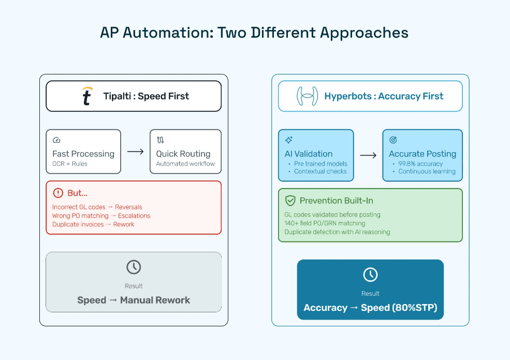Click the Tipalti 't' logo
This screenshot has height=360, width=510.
tap(87, 96)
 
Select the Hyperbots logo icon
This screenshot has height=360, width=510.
tap(307, 96)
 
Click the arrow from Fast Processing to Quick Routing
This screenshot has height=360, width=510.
tap(135, 152)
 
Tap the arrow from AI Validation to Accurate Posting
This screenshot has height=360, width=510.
tap(368, 155)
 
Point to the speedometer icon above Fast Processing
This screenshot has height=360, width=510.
tap(56, 140)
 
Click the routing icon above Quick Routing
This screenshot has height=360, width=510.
tap(160, 140)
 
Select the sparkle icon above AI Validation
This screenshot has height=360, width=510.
tap(289, 140)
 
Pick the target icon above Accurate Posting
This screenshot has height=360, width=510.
tap(393, 140)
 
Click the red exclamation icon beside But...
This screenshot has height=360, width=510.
tap(57, 193)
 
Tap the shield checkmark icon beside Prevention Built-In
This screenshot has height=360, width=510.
tap(290, 200)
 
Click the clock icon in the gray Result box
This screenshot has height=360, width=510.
tap(134, 267)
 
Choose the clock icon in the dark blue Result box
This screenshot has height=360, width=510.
tap(370, 275)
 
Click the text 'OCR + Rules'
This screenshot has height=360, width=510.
tap(70, 164)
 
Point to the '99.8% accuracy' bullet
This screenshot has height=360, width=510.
tap(420, 164)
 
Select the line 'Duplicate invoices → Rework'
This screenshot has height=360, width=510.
tap(93, 224)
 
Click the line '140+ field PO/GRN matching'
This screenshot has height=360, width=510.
tap(325, 223)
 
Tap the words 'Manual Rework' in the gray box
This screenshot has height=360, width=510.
tap(155, 300)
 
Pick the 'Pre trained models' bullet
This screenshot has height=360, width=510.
tap(320, 164)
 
